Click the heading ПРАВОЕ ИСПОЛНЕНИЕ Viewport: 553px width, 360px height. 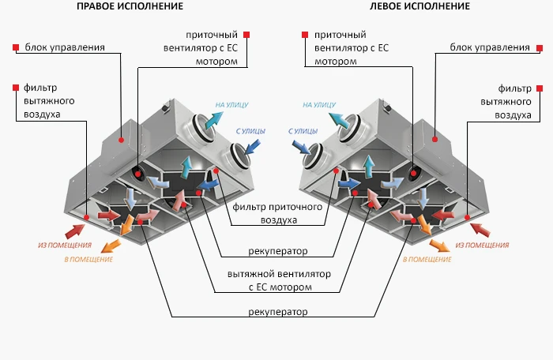tap(130, 6)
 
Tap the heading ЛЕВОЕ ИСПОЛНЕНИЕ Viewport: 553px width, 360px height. tap(419, 6)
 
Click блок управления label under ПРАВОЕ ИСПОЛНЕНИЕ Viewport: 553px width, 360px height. tap(64, 47)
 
